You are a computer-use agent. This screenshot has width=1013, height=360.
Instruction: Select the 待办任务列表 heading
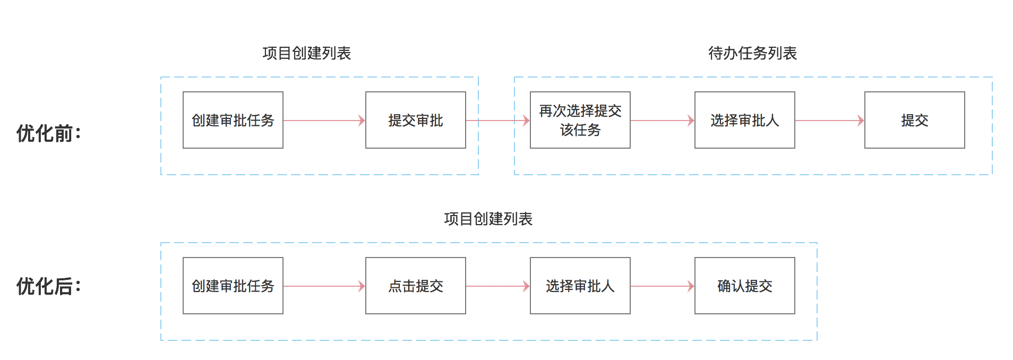(x=752, y=53)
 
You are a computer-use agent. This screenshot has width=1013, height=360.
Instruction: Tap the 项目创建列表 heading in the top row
(x=306, y=53)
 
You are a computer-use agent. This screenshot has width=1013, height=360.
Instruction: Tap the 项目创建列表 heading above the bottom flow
(x=488, y=219)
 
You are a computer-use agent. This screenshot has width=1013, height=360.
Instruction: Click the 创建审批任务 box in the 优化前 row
(x=233, y=120)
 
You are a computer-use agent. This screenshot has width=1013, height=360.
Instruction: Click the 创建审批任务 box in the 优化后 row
(x=233, y=286)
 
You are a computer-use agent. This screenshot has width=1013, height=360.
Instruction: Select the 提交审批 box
(x=415, y=120)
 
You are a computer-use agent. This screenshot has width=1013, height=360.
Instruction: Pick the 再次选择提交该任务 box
(x=580, y=120)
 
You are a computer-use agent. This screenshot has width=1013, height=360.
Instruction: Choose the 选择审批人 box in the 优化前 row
(x=744, y=120)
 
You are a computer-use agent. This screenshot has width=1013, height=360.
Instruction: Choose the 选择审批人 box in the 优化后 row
(x=580, y=286)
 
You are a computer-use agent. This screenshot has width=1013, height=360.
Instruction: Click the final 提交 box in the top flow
(x=914, y=120)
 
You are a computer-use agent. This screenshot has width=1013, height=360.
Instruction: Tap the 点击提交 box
(x=415, y=286)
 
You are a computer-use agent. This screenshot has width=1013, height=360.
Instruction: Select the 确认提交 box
(x=744, y=286)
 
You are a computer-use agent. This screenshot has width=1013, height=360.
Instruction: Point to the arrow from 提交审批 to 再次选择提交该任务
(x=497, y=121)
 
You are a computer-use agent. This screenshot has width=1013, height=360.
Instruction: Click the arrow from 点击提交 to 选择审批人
(x=497, y=286)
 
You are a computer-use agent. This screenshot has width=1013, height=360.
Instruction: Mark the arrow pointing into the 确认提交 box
(x=662, y=286)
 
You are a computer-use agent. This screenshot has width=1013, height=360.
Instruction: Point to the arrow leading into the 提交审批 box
(x=324, y=121)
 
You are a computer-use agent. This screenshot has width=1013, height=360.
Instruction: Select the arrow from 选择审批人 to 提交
(x=829, y=121)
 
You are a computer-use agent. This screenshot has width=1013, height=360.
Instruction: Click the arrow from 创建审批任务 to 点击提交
(x=324, y=286)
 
